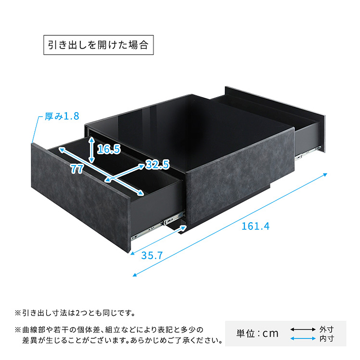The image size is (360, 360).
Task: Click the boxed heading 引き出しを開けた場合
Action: coord(98,45)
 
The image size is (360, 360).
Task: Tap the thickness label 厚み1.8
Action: coord(61,117)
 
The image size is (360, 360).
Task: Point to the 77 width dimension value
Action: coord(77,169)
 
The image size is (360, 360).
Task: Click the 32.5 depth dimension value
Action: coord(157,165)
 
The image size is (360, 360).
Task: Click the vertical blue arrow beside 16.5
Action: coord(92,147)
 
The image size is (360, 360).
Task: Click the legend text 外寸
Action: coord(327,329)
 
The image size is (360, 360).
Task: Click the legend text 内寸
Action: coord(327,338)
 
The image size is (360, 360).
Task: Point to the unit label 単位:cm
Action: coord(257,333)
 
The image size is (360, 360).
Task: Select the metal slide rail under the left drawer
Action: coord(154,226)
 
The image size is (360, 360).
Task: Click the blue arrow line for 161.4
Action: coord(231,224)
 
